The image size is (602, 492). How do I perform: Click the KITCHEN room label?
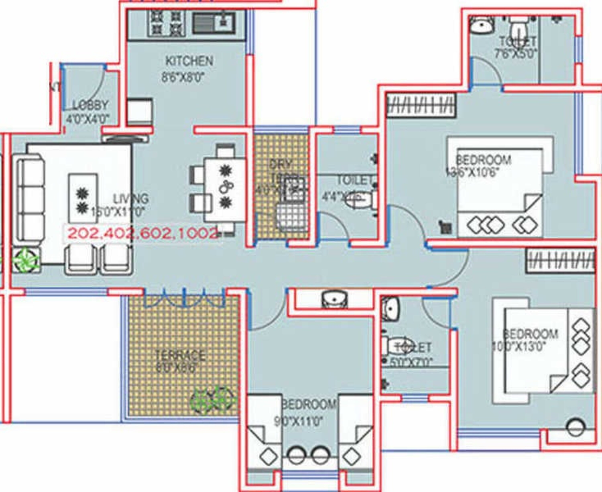point(189,61)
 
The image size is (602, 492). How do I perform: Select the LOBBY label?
point(91,105)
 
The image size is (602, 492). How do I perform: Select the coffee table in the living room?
point(82,199)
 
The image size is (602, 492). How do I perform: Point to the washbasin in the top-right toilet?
point(481,24)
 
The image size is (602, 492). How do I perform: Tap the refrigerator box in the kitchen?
point(139,112)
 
